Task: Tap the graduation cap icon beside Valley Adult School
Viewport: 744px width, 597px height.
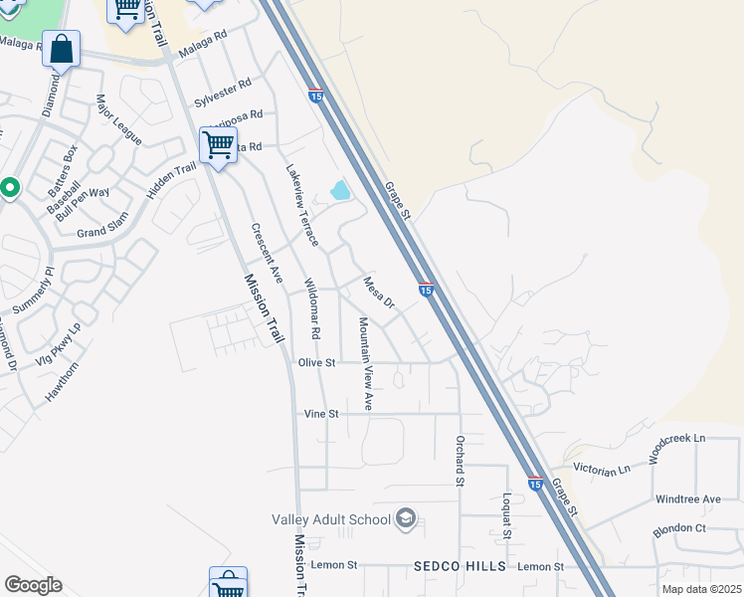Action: click(406, 518)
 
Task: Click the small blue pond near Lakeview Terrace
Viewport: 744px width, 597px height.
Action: click(340, 189)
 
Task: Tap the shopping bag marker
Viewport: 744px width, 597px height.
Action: click(61, 49)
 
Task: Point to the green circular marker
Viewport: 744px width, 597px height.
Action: click(9, 187)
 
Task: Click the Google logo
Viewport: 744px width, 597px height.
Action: click(33, 585)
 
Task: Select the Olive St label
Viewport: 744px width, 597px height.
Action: click(317, 363)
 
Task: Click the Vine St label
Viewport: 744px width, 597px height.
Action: click(321, 413)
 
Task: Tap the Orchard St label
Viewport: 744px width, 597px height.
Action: click(461, 461)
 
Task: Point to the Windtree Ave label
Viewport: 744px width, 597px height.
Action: click(687, 498)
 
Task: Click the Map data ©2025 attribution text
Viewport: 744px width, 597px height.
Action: click(701, 589)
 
